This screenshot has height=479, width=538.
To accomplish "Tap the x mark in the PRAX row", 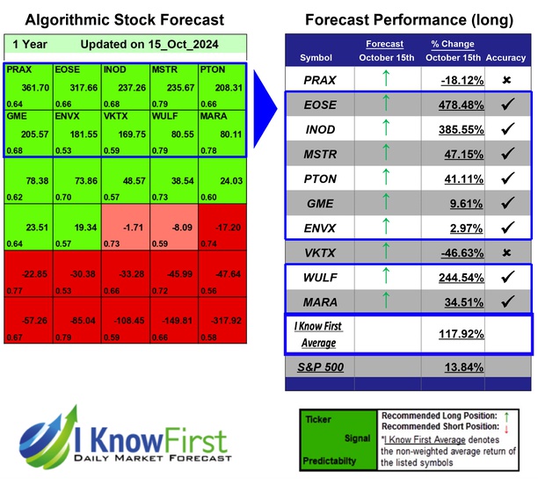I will click(505, 80).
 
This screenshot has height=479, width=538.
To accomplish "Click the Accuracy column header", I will click(505, 58).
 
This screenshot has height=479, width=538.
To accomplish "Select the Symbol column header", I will click(316, 58).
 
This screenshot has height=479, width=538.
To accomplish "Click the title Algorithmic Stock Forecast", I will click(124, 19).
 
